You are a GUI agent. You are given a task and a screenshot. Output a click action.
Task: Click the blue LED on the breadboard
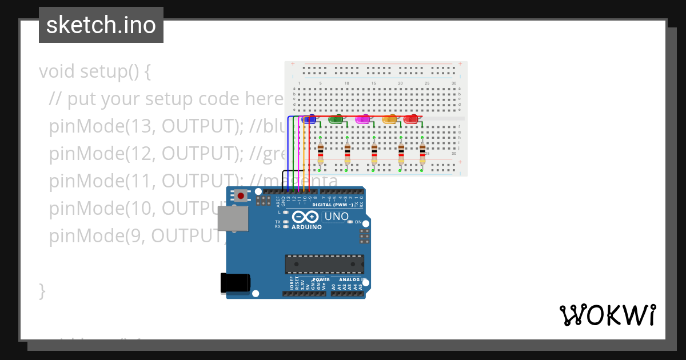[309, 119]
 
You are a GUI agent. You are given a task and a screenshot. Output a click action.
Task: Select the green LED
[336, 119]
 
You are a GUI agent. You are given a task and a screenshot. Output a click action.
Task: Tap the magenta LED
[362, 119]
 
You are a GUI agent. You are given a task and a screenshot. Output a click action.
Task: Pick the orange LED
[389, 119]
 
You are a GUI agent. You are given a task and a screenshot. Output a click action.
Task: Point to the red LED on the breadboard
[410, 119]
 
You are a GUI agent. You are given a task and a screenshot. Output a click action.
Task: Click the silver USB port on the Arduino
[233, 220]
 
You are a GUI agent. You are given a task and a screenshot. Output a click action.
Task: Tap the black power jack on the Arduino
[235, 283]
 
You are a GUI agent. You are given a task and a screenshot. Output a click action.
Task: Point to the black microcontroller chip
[324, 264]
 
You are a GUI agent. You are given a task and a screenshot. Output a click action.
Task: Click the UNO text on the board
[336, 217]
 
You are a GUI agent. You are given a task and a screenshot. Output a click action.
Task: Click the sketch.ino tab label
[101, 25]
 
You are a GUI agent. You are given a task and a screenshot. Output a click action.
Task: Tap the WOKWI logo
[607, 315]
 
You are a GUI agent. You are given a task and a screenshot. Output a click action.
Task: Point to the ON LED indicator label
[358, 222]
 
